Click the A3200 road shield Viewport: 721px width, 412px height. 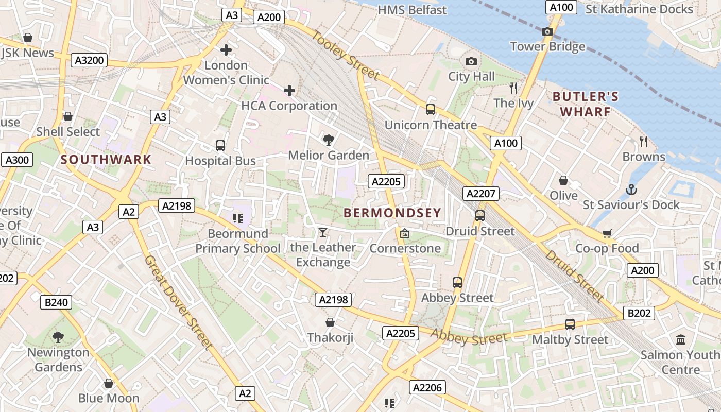tap(90, 60)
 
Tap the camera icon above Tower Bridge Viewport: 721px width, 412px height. tap(547, 32)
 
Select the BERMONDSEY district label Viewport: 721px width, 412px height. tap(392, 213)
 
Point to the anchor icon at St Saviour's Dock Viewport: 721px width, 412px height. tap(631, 190)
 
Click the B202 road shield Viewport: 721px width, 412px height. tap(639, 313)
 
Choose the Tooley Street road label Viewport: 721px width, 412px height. tap(346, 56)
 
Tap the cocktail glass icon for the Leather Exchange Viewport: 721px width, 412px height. tap(322, 232)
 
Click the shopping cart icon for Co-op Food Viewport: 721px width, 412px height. tap(607, 234)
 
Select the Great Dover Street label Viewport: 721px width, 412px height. tap(179, 303)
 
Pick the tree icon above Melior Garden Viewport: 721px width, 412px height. tap(328, 140)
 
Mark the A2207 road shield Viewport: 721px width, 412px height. tap(481, 194)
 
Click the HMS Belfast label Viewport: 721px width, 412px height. tap(412, 10)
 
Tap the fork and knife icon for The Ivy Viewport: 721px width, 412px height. tap(513, 88)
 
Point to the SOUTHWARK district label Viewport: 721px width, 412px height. tap(106, 160)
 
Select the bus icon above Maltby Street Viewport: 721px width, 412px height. tap(570, 324)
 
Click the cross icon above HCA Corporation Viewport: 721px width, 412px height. tap(289, 91)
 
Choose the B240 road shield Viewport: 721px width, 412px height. tap(56, 302)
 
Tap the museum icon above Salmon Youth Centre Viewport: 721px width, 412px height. tap(681, 339)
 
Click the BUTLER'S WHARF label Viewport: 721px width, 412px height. tap(585, 104)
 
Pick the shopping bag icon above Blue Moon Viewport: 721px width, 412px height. tap(109, 384)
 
